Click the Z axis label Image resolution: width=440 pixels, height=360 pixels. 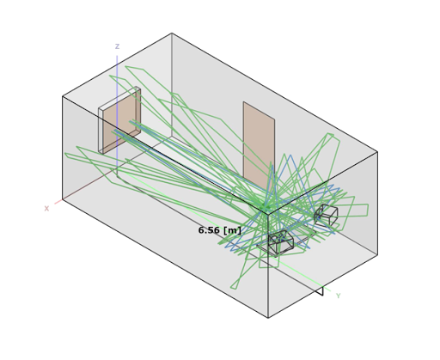pyautogui.click(x=117, y=46)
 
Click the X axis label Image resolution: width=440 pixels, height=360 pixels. pyautogui.click(x=46, y=209)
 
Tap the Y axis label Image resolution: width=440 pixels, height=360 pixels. pyautogui.click(x=339, y=296)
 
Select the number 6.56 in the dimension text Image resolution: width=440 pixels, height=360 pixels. pyautogui.click(x=209, y=230)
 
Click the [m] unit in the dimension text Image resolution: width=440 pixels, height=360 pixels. pyautogui.click(x=232, y=230)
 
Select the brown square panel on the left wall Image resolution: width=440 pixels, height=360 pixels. pyautogui.click(x=122, y=120)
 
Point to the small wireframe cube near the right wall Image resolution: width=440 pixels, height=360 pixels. pyautogui.click(x=326, y=214)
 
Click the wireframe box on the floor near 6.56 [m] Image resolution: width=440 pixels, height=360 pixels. pyautogui.click(x=281, y=242)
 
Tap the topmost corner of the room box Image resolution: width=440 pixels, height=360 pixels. pyautogui.click(x=172, y=33)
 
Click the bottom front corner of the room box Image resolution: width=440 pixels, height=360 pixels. pyautogui.click(x=268, y=318)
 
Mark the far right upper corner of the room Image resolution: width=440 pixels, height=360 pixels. pyautogui.click(x=377, y=152)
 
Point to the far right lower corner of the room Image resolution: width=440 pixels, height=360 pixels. pyautogui.click(x=377, y=254)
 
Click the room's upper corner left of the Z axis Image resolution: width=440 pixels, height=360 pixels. pyautogui.click(x=63, y=96)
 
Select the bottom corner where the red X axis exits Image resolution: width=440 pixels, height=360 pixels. pyautogui.click(x=63, y=200)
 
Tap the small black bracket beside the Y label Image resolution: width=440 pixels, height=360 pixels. pyautogui.click(x=320, y=290)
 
